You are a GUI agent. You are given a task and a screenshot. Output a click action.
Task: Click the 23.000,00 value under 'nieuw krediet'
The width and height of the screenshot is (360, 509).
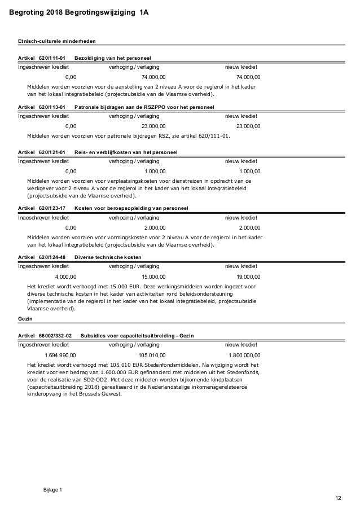[248, 126]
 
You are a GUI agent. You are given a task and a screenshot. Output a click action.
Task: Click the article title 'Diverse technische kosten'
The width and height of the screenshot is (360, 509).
[108, 257]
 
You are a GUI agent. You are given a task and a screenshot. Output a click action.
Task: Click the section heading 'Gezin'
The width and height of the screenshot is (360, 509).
[25, 318]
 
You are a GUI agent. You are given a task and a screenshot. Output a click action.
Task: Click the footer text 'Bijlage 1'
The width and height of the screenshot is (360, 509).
[53, 489]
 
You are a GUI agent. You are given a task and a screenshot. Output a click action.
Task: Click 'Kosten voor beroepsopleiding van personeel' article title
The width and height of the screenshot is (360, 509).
[131, 209]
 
